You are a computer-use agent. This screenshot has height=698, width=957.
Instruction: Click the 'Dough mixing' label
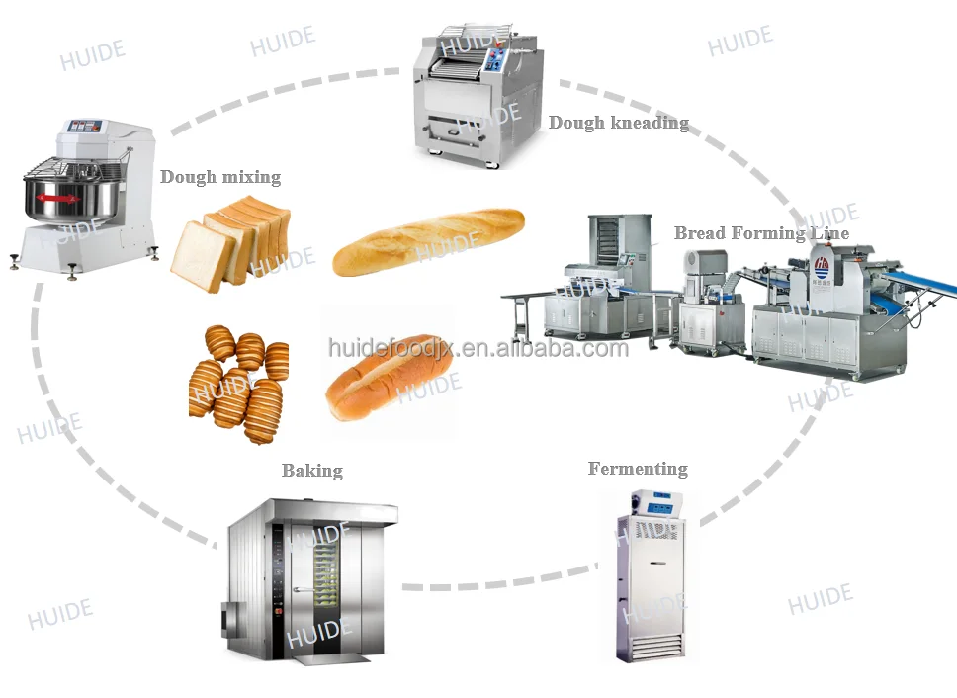click(x=220, y=178)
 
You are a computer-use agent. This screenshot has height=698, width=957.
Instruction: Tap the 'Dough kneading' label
click(x=618, y=124)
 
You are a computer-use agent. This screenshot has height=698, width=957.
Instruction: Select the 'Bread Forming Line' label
click(x=760, y=233)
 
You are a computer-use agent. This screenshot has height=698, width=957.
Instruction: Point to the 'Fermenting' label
click(x=638, y=469)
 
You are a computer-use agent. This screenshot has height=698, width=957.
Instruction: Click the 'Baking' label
click(x=312, y=471)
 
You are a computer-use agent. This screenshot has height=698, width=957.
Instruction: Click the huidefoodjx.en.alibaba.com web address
click(x=478, y=348)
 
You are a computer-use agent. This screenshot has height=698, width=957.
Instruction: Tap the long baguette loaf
click(x=428, y=240)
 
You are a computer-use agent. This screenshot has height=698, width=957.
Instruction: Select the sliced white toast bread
click(x=229, y=242)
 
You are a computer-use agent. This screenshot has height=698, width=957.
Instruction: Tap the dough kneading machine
click(x=479, y=99)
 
